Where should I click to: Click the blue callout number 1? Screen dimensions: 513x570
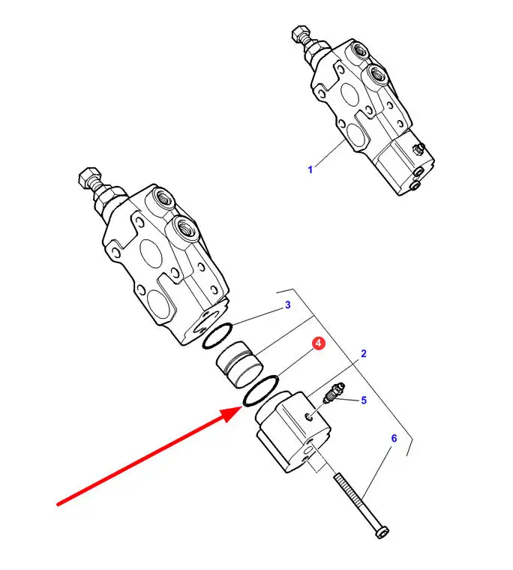pos(310,169)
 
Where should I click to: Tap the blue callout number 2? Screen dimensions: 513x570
pos(364,353)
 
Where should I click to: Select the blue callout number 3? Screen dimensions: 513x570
pos(287,304)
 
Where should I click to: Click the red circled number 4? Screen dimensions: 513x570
pos(319,343)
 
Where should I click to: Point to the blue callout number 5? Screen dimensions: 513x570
pos(364,400)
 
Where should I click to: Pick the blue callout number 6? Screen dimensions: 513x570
pos(394,439)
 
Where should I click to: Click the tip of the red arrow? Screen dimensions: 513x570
pos(241,408)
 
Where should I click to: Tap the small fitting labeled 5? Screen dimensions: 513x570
pos(334,393)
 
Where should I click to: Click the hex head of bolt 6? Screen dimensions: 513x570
pos(382,532)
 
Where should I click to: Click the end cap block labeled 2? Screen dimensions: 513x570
pos(293,431)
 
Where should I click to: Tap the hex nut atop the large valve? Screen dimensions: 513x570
pos(88,178)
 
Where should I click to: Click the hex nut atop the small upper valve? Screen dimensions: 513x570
pos(300,34)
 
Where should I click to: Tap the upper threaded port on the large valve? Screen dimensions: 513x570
pos(162,199)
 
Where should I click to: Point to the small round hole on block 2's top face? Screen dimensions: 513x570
pos(310,418)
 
